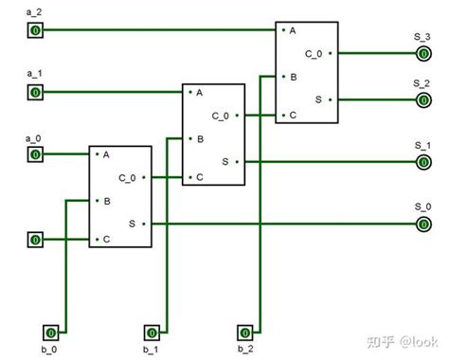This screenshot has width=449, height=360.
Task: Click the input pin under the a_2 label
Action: point(35,30)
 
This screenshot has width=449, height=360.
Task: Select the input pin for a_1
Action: point(35,92)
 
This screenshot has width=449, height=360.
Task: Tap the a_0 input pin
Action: point(35,153)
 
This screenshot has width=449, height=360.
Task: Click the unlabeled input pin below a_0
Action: point(35,240)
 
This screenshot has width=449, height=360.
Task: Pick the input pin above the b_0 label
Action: point(52,332)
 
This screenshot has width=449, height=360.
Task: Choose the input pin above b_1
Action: point(150,332)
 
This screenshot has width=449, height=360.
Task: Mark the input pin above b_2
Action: point(245,332)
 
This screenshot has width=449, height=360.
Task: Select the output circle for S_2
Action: point(422,99)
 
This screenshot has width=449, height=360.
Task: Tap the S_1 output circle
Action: point(422,162)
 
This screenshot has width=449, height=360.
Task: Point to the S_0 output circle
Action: point(422,224)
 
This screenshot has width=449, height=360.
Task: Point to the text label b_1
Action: point(150,351)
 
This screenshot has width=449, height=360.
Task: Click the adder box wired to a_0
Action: point(119,197)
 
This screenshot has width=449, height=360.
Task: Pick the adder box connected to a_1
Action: point(213,135)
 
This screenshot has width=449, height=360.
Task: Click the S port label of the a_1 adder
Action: point(224,162)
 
